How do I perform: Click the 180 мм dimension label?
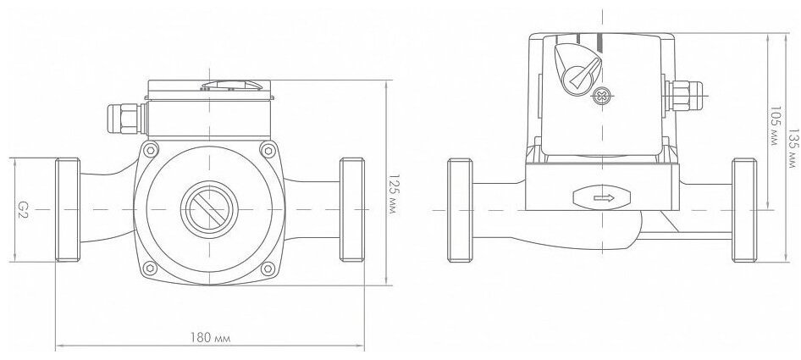210,337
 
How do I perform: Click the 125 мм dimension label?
393,194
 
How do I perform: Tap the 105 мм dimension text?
775,126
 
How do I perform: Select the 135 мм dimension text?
793,147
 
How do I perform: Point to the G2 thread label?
23,210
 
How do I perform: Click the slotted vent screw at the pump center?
209,210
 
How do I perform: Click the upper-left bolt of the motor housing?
150,150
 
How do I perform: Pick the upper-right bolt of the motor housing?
268,150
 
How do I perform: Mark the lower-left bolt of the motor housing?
150,268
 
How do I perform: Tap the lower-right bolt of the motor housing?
268,268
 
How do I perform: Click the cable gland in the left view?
126,119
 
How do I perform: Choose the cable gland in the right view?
682,96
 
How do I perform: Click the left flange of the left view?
68,210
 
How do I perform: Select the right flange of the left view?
352,210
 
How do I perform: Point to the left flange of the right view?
460,210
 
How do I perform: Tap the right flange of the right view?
744,210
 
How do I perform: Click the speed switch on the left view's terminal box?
233,85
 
